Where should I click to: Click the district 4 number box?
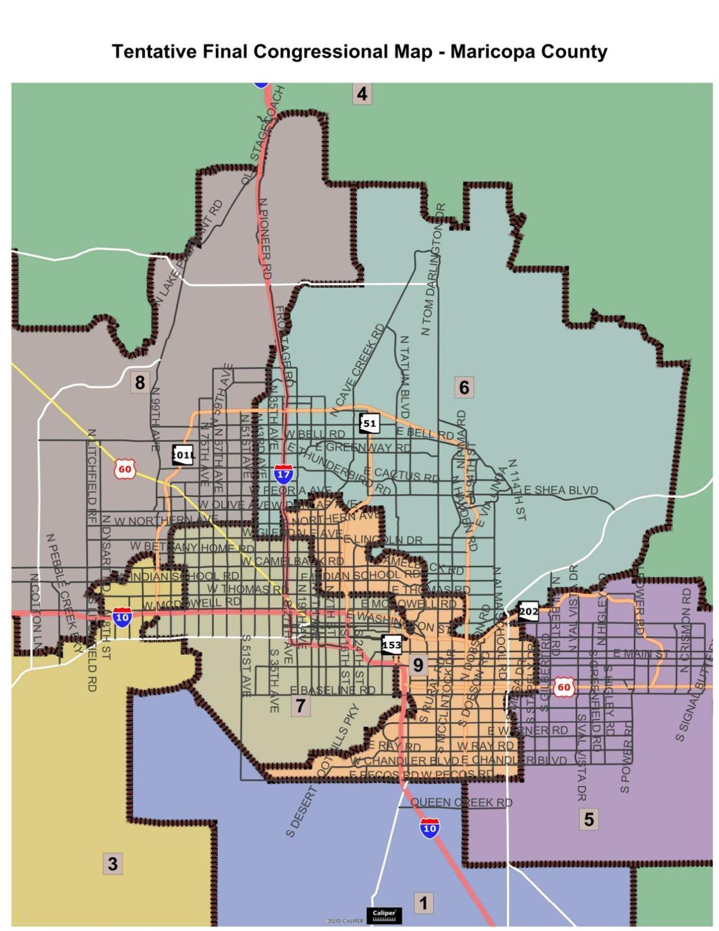[x=361, y=94]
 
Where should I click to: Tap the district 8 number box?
[x=140, y=382]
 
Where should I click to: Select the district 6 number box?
[x=464, y=387]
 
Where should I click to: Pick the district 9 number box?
[x=418, y=664]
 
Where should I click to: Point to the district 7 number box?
[x=300, y=706]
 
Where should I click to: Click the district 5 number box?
[x=588, y=818]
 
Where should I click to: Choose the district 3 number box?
[x=112, y=864]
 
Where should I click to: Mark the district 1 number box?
[x=423, y=903]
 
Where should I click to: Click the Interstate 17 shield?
[x=283, y=474]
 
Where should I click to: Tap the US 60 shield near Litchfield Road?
[x=125, y=469]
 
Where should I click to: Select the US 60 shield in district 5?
[x=564, y=687]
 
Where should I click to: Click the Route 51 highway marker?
[x=369, y=423]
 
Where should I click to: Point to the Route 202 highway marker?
[x=528, y=611]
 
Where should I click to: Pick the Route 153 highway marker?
[x=391, y=645]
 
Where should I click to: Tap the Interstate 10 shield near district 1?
[x=429, y=828]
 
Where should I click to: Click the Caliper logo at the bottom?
[x=383, y=915]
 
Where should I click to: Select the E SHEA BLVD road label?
[x=561, y=490]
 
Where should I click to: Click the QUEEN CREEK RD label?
[x=461, y=802]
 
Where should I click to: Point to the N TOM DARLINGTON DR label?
[x=433, y=270]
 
